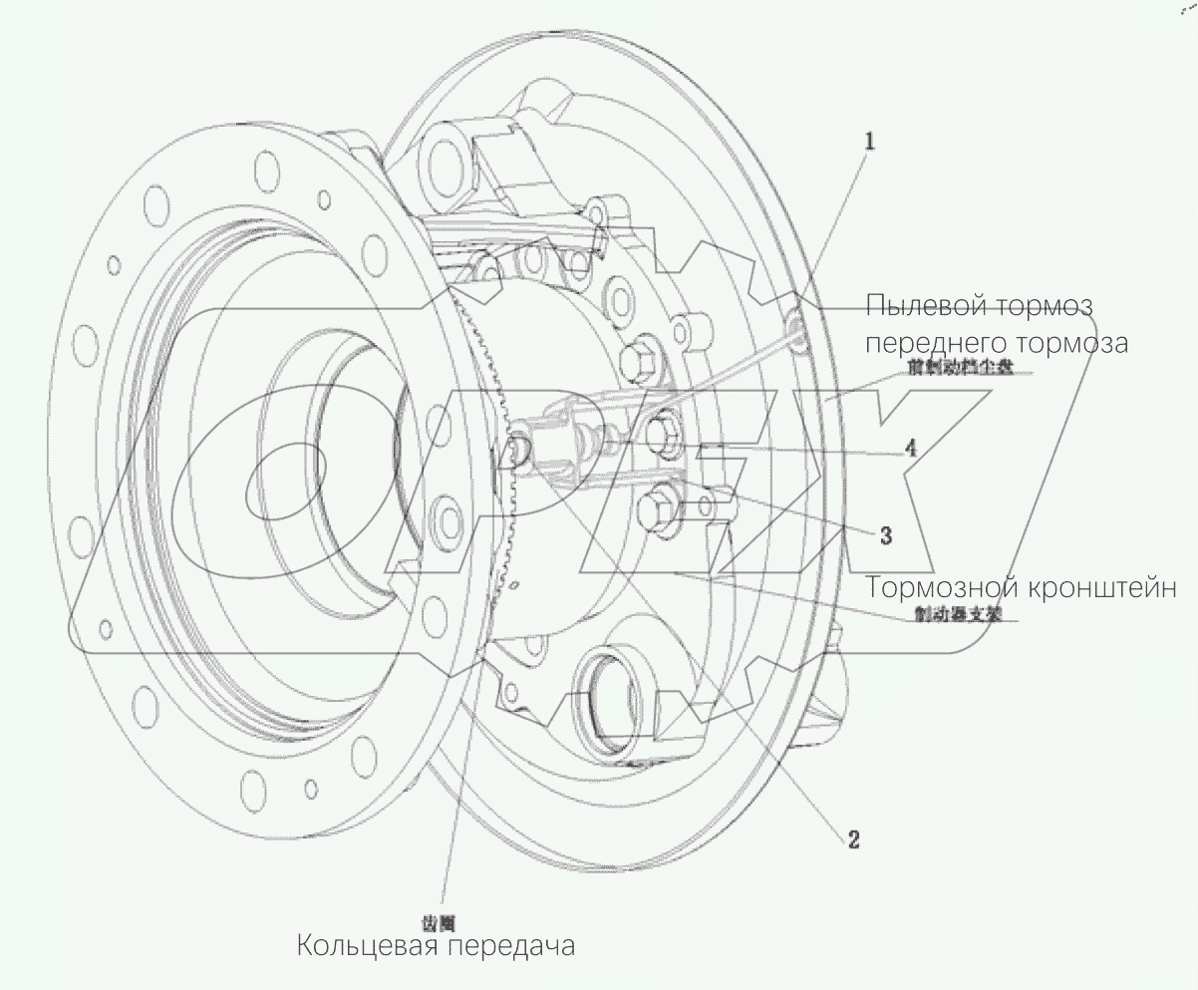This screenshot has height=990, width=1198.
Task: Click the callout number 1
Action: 869,142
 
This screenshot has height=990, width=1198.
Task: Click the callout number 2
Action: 853,839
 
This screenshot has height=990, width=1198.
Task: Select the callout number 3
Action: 885,535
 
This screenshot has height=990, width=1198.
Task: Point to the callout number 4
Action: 910,449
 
